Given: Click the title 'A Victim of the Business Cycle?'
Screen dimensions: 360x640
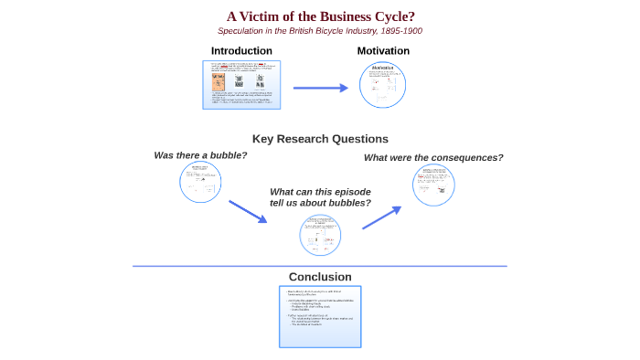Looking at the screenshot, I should [320, 16].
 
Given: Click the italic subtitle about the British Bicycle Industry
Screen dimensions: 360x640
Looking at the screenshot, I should [320, 31].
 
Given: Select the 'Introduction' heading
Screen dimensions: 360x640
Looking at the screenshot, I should [241, 51].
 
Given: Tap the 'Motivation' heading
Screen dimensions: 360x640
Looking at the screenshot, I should [383, 51].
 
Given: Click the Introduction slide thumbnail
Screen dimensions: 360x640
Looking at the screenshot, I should [242, 85].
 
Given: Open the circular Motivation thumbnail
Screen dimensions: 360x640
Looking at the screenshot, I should [383, 86].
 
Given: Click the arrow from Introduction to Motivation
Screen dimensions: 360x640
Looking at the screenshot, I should [321, 88].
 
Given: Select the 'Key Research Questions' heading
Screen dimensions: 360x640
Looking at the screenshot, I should [320, 139].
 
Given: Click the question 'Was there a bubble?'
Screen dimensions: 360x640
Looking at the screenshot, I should [200, 155].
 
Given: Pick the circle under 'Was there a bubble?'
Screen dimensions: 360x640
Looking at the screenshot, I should [200, 182].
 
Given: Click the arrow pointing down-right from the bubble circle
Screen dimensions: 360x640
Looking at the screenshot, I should [247, 212].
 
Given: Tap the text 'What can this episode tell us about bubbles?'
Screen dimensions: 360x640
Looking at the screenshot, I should [320, 196].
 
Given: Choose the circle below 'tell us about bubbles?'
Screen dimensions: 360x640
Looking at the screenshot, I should [320, 235].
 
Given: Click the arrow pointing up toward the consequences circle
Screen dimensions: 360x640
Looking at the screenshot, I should [381, 217].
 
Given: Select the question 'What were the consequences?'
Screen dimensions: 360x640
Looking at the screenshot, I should [433, 157].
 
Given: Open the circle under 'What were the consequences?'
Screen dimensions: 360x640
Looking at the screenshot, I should [433, 185].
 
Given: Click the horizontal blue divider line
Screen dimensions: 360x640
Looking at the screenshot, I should [320, 267].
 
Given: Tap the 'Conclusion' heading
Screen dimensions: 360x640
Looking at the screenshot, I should [320, 277].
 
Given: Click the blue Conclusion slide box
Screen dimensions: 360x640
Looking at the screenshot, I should [320, 316].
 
